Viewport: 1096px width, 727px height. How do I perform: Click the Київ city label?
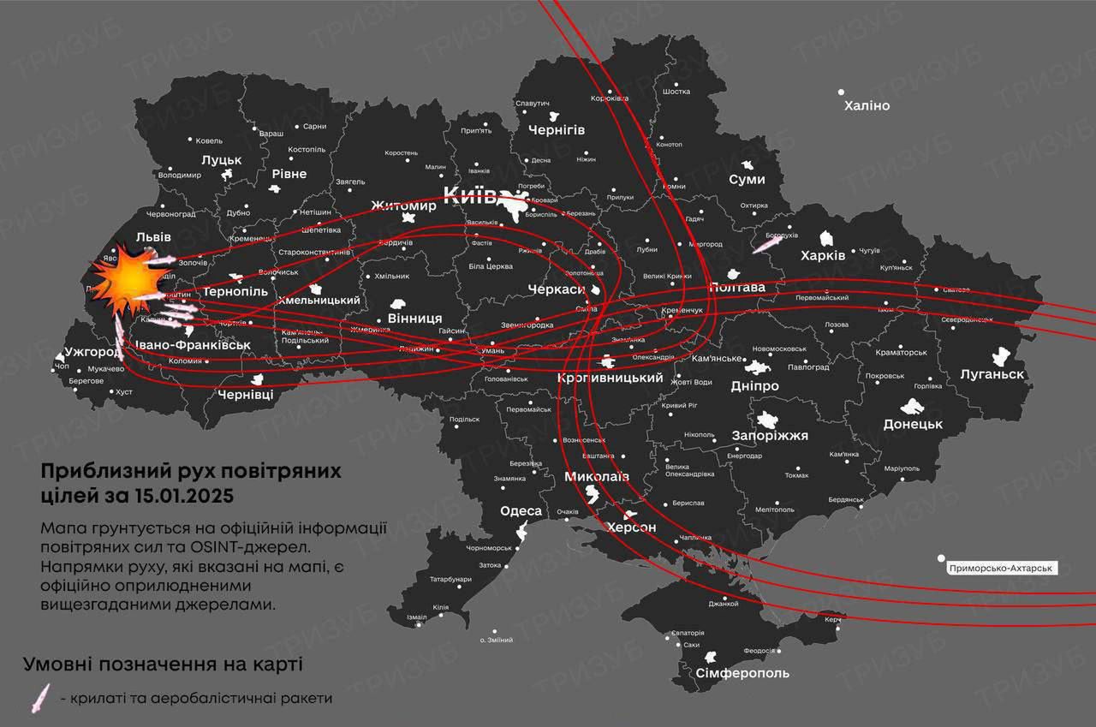pyautogui.click(x=468, y=194)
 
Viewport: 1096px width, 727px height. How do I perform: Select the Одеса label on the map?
pyautogui.click(x=521, y=511)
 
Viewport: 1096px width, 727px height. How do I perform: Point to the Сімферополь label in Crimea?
pyautogui.click(x=730, y=673)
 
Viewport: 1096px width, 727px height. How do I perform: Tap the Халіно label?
pyautogui.click(x=867, y=106)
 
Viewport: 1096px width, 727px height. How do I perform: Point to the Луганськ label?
pyautogui.click(x=992, y=374)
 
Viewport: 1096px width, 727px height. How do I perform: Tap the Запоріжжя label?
pyautogui.click(x=770, y=436)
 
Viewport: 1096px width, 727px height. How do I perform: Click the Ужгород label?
pyautogui.click(x=92, y=352)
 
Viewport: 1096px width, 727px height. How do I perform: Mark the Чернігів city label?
pyautogui.click(x=556, y=130)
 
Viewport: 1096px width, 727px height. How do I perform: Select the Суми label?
pyautogui.click(x=747, y=180)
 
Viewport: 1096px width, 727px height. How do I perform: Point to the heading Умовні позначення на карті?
pyautogui.click(x=163, y=664)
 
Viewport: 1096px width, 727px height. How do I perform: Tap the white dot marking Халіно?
pyautogui.click(x=841, y=92)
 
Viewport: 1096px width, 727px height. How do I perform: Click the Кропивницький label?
pyautogui.click(x=610, y=378)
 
